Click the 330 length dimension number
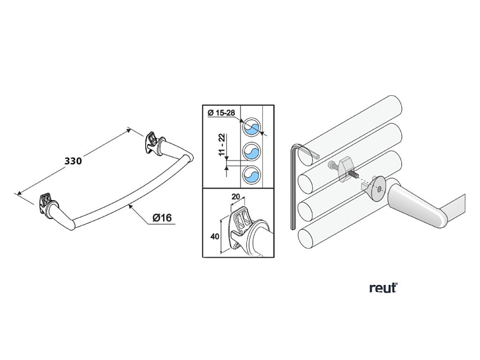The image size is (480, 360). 73,161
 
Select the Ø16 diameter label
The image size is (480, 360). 163,218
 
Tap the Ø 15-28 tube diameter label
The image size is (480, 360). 222,113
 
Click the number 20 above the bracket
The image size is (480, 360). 236,197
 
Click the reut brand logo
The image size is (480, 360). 383,288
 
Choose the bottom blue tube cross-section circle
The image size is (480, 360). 253,175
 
